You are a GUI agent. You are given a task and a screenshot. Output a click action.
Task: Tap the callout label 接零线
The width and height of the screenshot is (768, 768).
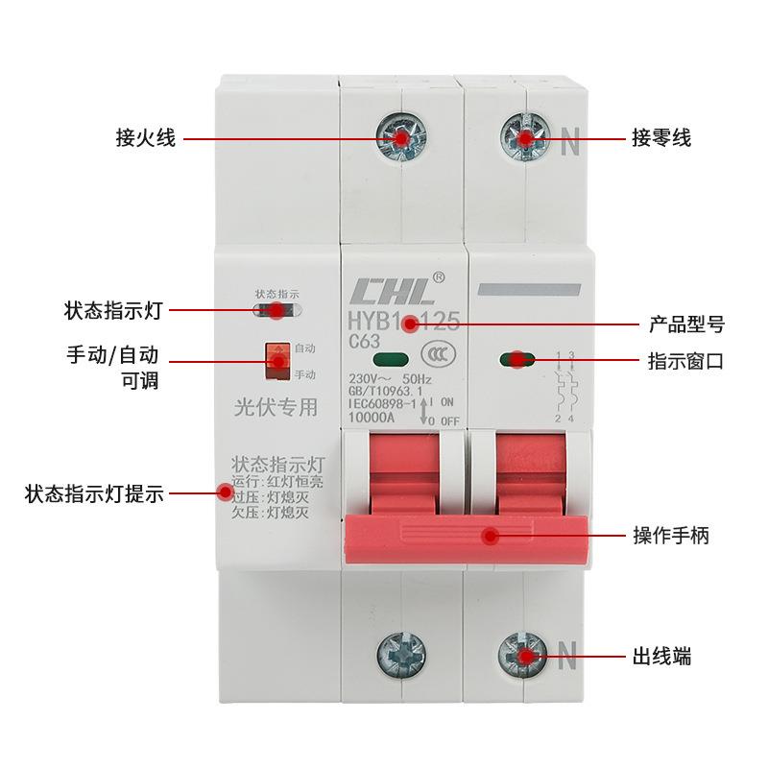click(x=660, y=139)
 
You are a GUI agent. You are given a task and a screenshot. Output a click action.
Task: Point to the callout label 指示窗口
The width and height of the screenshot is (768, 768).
click(x=685, y=362)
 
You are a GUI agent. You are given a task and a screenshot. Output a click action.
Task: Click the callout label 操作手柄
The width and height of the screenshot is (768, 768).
click(x=671, y=536)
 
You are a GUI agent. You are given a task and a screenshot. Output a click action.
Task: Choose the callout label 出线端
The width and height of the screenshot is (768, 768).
click(x=661, y=658)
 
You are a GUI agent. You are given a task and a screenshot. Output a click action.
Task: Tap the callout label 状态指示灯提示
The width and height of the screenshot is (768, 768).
click(x=94, y=495)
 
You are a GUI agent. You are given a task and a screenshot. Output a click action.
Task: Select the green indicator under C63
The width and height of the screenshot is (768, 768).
click(x=387, y=361)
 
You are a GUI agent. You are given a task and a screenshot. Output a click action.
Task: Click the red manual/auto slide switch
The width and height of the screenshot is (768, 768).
click(x=278, y=359)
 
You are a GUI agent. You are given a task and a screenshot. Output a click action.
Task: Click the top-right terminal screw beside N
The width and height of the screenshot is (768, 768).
click(x=526, y=140)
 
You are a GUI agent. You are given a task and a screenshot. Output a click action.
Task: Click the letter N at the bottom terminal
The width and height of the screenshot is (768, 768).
click(x=567, y=659)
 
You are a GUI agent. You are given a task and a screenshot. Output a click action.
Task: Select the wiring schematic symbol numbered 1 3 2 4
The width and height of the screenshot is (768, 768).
click(x=564, y=388)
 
